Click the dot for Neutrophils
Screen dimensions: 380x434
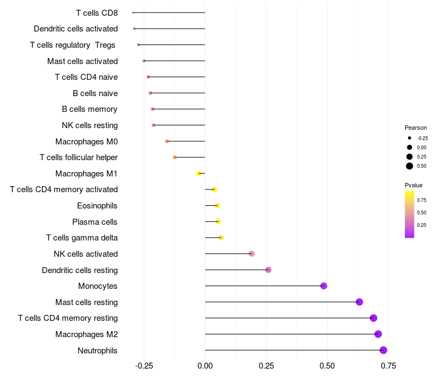click(x=384, y=350)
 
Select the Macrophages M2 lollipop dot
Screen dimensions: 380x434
click(x=378, y=334)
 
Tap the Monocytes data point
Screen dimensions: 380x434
click(x=324, y=286)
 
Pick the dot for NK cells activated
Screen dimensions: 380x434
click(x=252, y=254)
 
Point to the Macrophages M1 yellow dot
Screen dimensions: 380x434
click(x=199, y=173)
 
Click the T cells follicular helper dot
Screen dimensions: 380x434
click(x=175, y=157)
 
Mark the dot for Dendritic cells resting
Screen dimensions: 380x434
click(x=268, y=270)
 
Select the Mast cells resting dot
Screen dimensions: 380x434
click(x=359, y=302)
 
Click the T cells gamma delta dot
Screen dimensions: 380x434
click(x=221, y=238)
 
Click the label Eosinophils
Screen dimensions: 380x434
click(x=97, y=206)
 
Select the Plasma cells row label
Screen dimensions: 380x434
click(x=95, y=222)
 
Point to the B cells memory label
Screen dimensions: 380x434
click(x=90, y=109)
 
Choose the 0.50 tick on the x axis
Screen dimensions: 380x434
click(x=327, y=366)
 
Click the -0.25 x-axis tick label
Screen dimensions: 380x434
click(x=143, y=366)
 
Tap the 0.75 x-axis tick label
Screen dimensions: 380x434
click(x=387, y=366)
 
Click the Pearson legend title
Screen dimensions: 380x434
click(x=416, y=128)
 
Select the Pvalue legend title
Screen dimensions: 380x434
click(x=413, y=185)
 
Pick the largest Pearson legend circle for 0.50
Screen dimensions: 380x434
click(x=410, y=166)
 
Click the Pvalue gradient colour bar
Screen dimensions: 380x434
click(x=410, y=214)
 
